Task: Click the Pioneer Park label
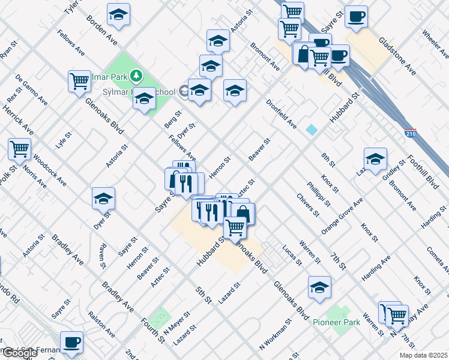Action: [x=337, y=322]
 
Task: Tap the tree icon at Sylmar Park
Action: [x=137, y=76]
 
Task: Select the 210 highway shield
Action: [x=411, y=131]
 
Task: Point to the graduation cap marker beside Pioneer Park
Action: [x=319, y=287]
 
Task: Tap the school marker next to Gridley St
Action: [x=375, y=159]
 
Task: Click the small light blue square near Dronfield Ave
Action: [x=312, y=130]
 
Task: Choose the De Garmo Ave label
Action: [x=32, y=89]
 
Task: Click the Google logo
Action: [x=20, y=353]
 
